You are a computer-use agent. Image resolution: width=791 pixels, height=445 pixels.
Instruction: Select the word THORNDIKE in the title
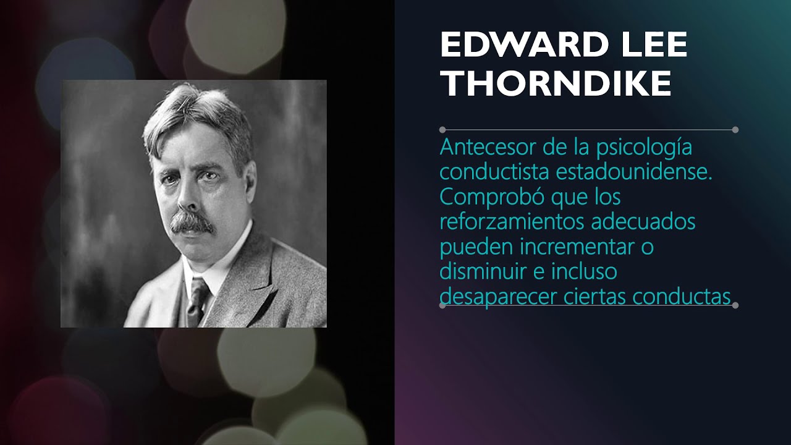pos(556,83)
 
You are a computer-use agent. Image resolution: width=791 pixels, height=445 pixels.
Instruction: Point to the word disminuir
pos(479,272)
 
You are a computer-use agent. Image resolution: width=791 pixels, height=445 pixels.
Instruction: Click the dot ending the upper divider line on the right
pos(735,130)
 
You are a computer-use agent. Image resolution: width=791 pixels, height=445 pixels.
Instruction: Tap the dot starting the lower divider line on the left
pos(442,305)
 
